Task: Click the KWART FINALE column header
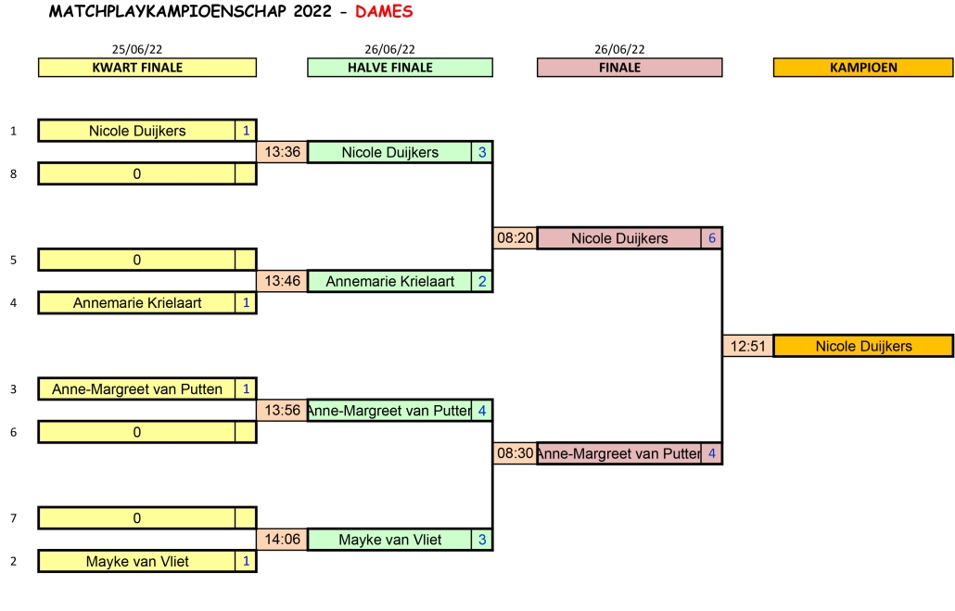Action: (146, 68)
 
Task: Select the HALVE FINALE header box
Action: (400, 68)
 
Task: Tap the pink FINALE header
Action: (629, 68)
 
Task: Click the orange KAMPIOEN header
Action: (862, 68)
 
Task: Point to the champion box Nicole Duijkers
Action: (863, 346)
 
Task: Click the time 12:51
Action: (747, 346)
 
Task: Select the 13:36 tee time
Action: (282, 152)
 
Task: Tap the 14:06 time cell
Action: (282, 540)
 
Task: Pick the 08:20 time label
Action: (515, 238)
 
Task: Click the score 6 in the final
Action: (711, 238)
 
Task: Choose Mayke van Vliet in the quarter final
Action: (136, 561)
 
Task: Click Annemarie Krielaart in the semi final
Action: (389, 281)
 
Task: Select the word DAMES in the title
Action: (384, 12)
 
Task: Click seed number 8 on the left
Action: (13, 173)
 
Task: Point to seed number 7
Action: (13, 518)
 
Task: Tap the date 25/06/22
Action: (137, 49)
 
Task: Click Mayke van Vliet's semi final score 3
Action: (481, 540)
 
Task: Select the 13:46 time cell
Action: (282, 281)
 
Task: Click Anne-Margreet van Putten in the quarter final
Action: (136, 389)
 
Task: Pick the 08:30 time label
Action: (515, 453)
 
